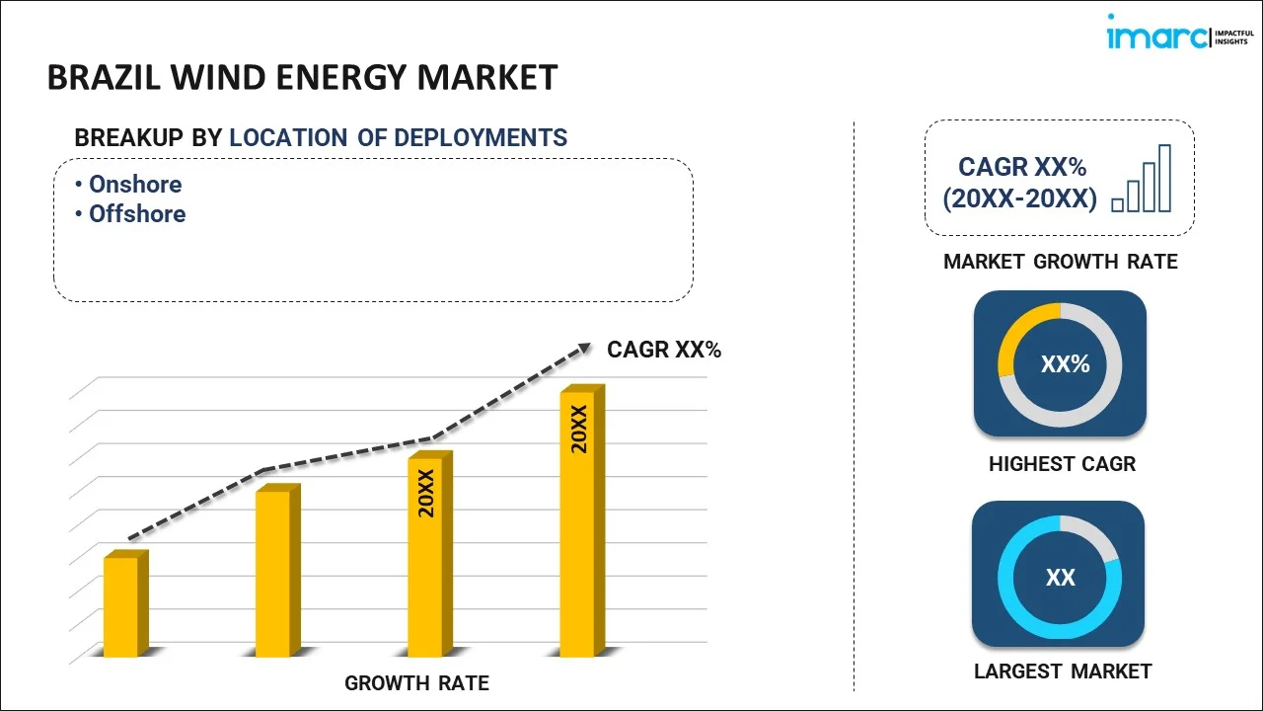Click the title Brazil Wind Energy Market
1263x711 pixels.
coord(302,77)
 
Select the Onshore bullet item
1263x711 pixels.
coord(135,185)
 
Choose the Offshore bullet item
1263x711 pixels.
coord(137,214)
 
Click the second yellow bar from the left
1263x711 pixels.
coord(273,572)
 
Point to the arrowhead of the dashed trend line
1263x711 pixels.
coord(584,347)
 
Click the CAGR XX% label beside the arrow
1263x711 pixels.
coord(664,350)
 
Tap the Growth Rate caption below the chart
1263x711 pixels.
coord(416,682)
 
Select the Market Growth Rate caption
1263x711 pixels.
coord(1060,262)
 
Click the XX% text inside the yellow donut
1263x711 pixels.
coord(1065,364)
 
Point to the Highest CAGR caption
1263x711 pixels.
coord(1062,463)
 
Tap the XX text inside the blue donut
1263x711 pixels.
coord(1060,577)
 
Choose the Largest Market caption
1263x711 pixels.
coord(1062,671)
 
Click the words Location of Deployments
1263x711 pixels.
coord(399,138)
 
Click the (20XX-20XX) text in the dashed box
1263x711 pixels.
coord(1019,199)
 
